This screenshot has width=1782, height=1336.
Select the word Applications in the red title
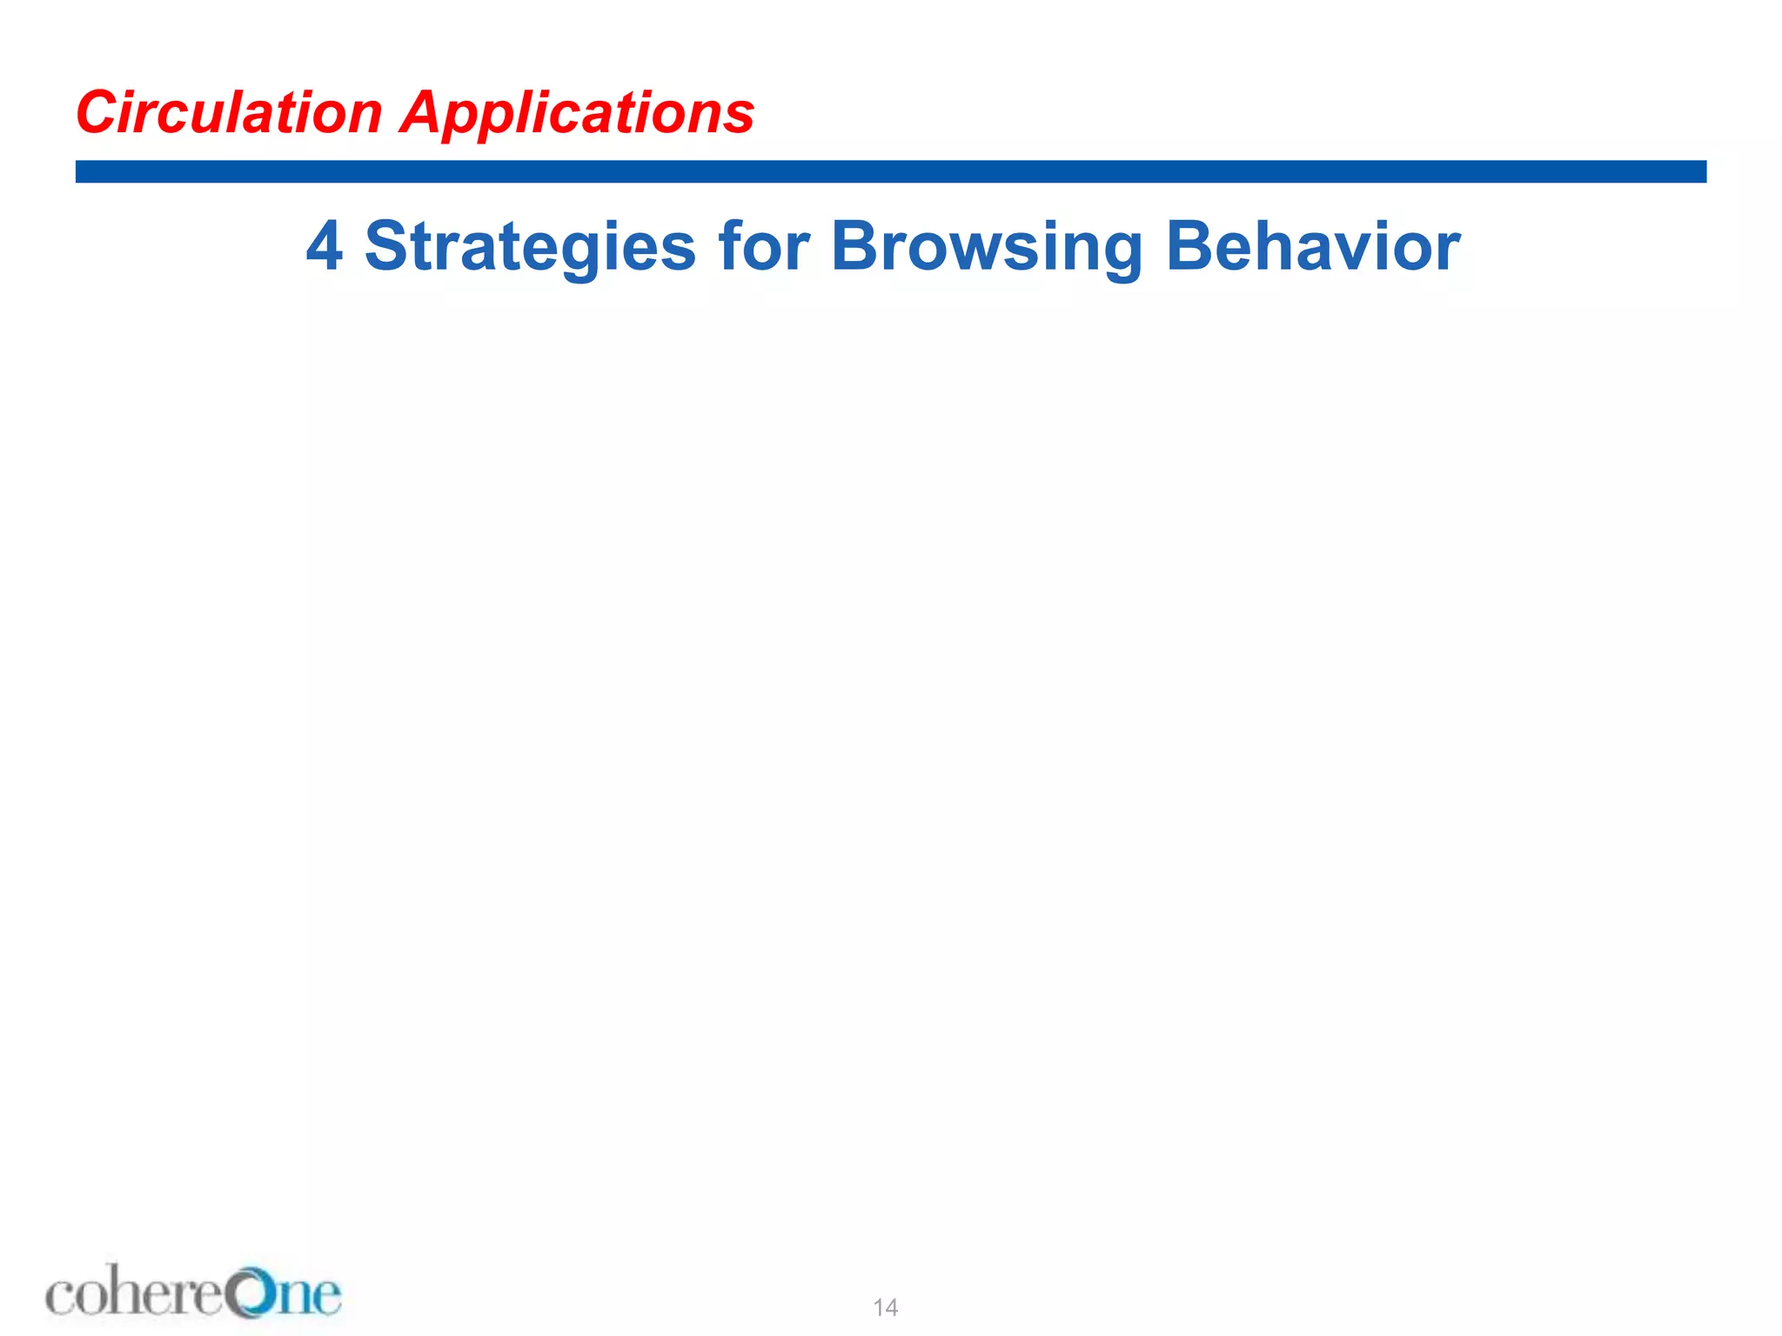[577, 113]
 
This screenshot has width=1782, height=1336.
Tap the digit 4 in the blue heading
[324, 246]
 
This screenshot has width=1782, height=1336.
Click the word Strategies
[530, 246]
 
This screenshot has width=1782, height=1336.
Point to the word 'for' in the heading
[763, 246]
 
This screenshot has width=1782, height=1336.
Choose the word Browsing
[986, 246]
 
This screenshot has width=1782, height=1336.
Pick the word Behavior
[1312, 246]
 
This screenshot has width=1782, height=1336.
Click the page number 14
[885, 1307]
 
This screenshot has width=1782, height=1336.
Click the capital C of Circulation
[96, 113]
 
